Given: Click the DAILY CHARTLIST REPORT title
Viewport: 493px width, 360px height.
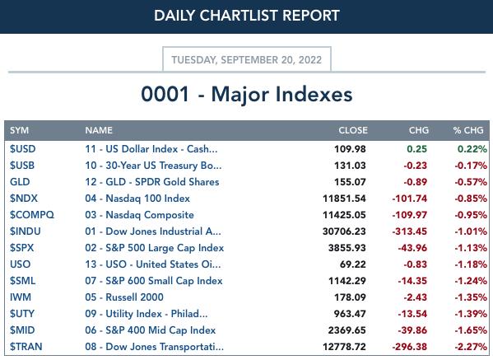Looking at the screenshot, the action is coord(247,16).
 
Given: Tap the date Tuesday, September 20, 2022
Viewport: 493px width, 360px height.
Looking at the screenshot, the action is coord(247,60).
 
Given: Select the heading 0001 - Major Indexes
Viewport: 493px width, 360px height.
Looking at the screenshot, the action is coord(247,95).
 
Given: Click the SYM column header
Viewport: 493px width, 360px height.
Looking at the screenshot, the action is coord(19,130).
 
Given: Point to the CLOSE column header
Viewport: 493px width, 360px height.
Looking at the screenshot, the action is coord(353,130).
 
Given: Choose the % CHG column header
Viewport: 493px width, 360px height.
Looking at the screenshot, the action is coord(468,130).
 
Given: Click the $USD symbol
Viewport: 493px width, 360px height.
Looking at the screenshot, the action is coord(22,149).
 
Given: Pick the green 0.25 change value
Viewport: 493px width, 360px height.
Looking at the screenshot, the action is coord(417,149).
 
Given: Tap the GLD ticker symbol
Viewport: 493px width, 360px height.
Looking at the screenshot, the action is coord(20,182).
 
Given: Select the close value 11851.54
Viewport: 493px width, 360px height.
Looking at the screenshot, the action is coord(344,199).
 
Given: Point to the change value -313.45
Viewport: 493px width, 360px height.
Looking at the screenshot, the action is coord(410,231).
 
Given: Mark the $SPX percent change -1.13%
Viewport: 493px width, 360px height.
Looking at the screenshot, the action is coord(471,248).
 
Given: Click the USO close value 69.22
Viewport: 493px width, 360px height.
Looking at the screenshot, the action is coord(353,264).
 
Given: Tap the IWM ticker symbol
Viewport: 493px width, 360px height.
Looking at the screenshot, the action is coord(21,297).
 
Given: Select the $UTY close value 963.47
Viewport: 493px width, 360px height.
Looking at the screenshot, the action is coord(350,314).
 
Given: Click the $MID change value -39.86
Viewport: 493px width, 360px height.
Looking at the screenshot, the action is coord(412,330).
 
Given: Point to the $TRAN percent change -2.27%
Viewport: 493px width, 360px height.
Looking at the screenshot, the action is coord(471,347).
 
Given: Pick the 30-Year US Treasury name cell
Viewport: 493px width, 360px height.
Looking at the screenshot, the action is coord(153,166).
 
